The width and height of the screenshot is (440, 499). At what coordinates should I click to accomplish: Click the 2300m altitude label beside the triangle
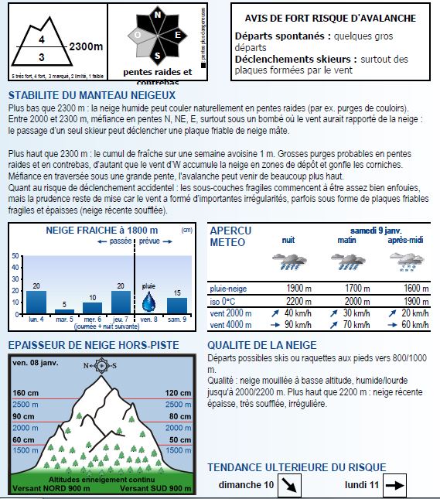[86, 46]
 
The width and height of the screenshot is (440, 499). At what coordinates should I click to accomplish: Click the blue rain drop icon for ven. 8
[148, 300]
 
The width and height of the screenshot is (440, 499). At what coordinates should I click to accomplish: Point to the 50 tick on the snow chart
[16, 256]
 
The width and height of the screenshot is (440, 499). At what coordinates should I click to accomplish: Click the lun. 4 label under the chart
[36, 319]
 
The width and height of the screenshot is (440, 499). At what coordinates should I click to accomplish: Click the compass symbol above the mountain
[103, 364]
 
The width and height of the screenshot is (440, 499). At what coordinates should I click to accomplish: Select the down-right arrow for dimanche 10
[290, 486]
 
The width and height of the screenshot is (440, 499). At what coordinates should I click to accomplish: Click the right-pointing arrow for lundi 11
[395, 486]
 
